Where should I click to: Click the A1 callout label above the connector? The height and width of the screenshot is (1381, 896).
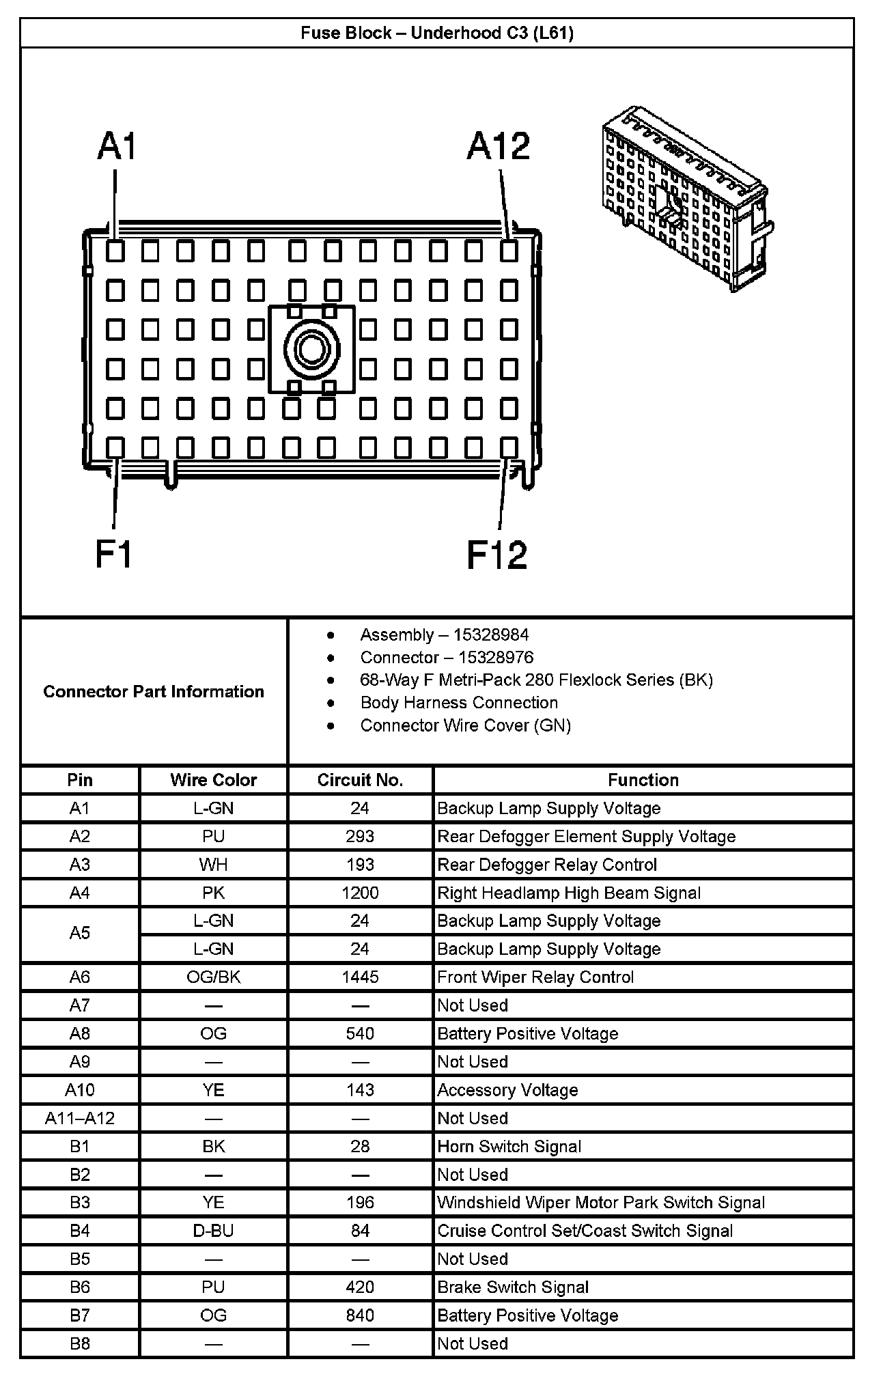(x=117, y=147)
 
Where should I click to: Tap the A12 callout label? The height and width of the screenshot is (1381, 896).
(x=498, y=147)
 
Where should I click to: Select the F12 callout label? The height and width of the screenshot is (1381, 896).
(x=496, y=555)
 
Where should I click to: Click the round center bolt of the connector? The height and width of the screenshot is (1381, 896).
(x=312, y=350)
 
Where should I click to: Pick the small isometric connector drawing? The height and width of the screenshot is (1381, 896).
(x=686, y=198)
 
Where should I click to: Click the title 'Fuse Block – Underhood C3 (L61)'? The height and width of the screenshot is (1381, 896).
(x=437, y=33)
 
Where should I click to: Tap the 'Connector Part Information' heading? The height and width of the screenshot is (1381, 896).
(x=154, y=691)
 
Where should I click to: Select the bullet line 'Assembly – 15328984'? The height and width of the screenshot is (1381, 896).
(x=444, y=634)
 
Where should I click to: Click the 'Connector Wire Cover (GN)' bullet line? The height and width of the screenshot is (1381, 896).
(x=465, y=725)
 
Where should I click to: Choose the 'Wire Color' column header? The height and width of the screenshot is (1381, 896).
(x=214, y=780)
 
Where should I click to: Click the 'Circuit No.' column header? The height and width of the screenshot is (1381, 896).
(x=360, y=780)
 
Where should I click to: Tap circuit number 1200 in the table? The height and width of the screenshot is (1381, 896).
(x=360, y=893)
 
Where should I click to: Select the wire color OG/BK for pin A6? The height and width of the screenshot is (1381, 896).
(x=214, y=977)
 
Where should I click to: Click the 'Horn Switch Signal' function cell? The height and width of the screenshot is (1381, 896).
(x=509, y=1146)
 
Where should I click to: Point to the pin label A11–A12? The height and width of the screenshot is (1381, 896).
(x=80, y=1118)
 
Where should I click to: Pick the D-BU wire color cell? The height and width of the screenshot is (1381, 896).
(x=214, y=1231)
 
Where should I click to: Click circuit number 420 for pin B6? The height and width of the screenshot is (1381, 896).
(x=360, y=1287)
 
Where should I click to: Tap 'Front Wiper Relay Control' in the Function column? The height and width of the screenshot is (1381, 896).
(x=535, y=977)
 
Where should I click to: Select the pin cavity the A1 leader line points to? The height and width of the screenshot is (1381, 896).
(x=115, y=251)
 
